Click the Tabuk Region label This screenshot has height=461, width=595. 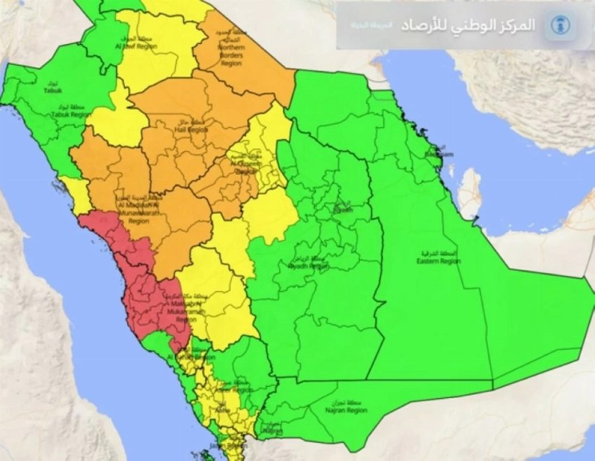pyautogui.click(x=71, y=114)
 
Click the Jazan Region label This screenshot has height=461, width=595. pyautogui.click(x=232, y=445)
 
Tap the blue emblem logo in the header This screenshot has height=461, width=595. pyautogui.click(x=559, y=25)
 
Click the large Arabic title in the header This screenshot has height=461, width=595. pyautogui.click(x=468, y=25)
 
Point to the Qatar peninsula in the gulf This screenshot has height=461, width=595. pyautogui.click(x=469, y=193)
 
